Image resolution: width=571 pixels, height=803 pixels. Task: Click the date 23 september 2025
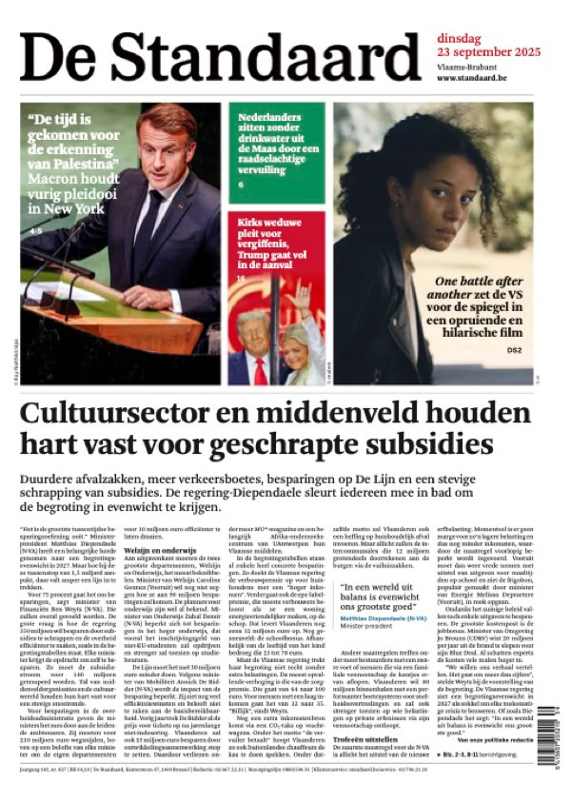pos(487,49)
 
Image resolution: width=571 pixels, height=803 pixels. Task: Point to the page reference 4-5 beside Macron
pos(35,230)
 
